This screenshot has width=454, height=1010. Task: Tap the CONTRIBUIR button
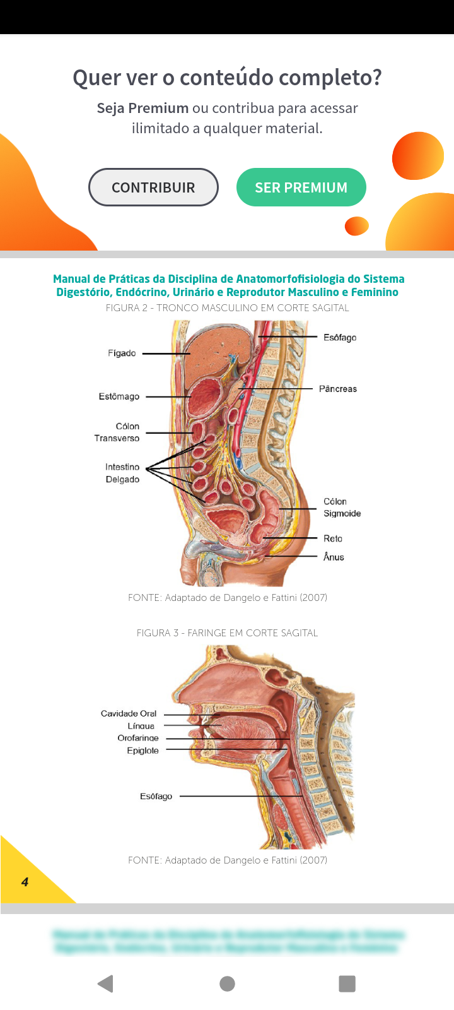point(153,187)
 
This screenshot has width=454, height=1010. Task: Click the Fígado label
point(122,353)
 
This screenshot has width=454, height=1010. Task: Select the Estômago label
point(119,396)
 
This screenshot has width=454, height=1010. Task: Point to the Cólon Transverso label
point(117,432)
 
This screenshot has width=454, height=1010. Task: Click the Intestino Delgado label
point(122,473)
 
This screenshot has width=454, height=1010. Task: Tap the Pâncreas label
point(337,389)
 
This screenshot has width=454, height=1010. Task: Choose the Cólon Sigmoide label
point(342,508)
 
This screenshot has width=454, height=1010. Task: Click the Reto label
point(333,538)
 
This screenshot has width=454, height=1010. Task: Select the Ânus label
point(334,557)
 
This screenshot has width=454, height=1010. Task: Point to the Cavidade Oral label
point(129,713)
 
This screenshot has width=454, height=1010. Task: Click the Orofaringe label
point(138,738)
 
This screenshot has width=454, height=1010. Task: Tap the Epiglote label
point(143,751)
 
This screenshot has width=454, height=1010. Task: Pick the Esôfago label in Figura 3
point(156,797)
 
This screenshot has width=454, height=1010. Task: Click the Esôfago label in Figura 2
point(340,338)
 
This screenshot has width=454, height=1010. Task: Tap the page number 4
point(25,882)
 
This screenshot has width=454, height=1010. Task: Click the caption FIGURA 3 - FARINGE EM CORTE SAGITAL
point(227,633)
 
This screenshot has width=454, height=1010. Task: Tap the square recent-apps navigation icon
point(347,983)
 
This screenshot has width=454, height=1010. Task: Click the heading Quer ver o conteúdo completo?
point(227,78)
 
